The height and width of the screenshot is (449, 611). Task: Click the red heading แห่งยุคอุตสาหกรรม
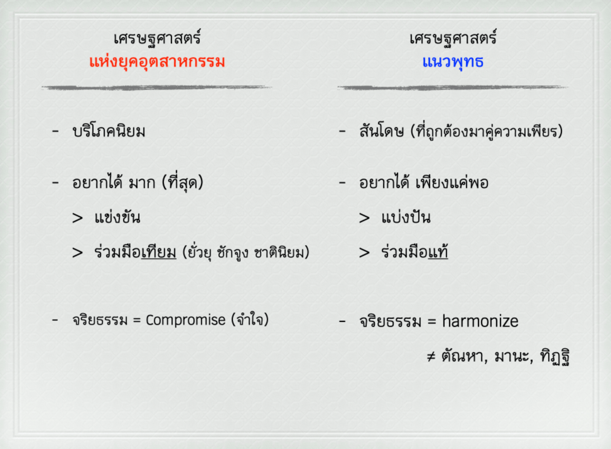click(157, 62)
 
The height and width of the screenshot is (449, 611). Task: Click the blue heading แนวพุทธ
click(452, 62)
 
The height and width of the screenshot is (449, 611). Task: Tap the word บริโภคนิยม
click(109, 131)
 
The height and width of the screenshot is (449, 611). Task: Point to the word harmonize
click(480, 321)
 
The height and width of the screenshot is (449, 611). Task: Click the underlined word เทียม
click(159, 252)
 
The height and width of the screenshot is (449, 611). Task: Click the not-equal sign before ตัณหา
click(431, 357)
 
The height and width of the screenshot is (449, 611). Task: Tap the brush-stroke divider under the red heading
click(157, 88)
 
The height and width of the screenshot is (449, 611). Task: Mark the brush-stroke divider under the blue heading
click(452, 88)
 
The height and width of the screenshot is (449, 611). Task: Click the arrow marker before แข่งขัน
click(77, 218)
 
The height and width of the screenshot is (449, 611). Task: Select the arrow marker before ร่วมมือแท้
click(364, 252)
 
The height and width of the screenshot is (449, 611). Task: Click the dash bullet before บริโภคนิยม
click(55, 131)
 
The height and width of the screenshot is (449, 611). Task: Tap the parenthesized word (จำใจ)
click(250, 320)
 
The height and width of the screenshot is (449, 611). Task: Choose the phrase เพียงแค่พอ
click(452, 182)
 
